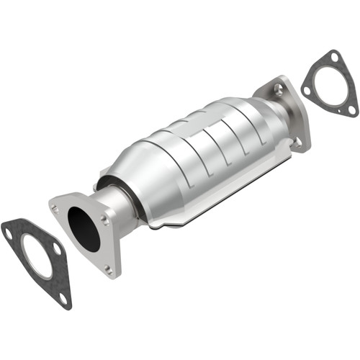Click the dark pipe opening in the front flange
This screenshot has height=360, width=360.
coord(84,230)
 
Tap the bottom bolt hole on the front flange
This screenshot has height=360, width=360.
coord(108,269)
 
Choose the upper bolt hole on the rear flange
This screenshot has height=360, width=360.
coord(278,89)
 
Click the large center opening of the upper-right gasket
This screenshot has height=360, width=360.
coord(330,89)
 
